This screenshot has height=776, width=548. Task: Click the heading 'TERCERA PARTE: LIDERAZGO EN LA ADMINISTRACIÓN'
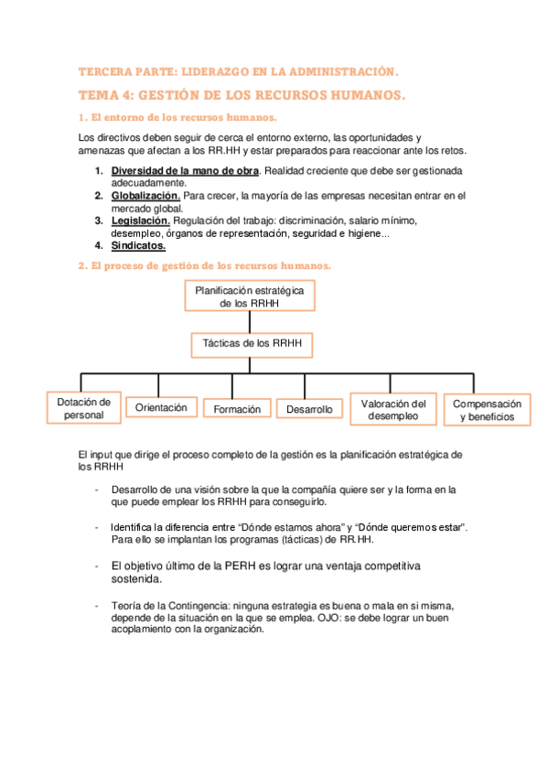pyautogui.click(x=239, y=70)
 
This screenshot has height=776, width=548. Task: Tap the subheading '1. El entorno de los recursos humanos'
pyautogui.click(x=177, y=117)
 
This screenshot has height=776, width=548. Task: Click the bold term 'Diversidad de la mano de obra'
pyautogui.click(x=186, y=171)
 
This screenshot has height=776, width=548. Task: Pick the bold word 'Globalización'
pyautogui.click(x=145, y=196)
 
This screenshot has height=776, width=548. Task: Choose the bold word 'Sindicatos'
pyautogui.click(x=138, y=245)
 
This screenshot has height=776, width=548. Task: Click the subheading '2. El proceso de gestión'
pyautogui.click(x=205, y=265)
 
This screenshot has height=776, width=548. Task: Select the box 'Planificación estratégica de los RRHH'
pyautogui.click(x=250, y=296)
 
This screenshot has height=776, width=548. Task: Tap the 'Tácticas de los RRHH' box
pyautogui.click(x=251, y=344)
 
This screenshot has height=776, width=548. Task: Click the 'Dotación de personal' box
pyautogui.click(x=83, y=408)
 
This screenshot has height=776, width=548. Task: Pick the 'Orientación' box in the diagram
pyautogui.click(x=161, y=407)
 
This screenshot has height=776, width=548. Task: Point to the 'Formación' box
pyautogui.click(x=237, y=409)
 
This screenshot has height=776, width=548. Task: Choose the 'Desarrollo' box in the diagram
pyautogui.click(x=309, y=409)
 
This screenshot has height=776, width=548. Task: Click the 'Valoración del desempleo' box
pyautogui.click(x=393, y=410)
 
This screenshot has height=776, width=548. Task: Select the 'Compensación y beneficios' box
pyautogui.click(x=488, y=410)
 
